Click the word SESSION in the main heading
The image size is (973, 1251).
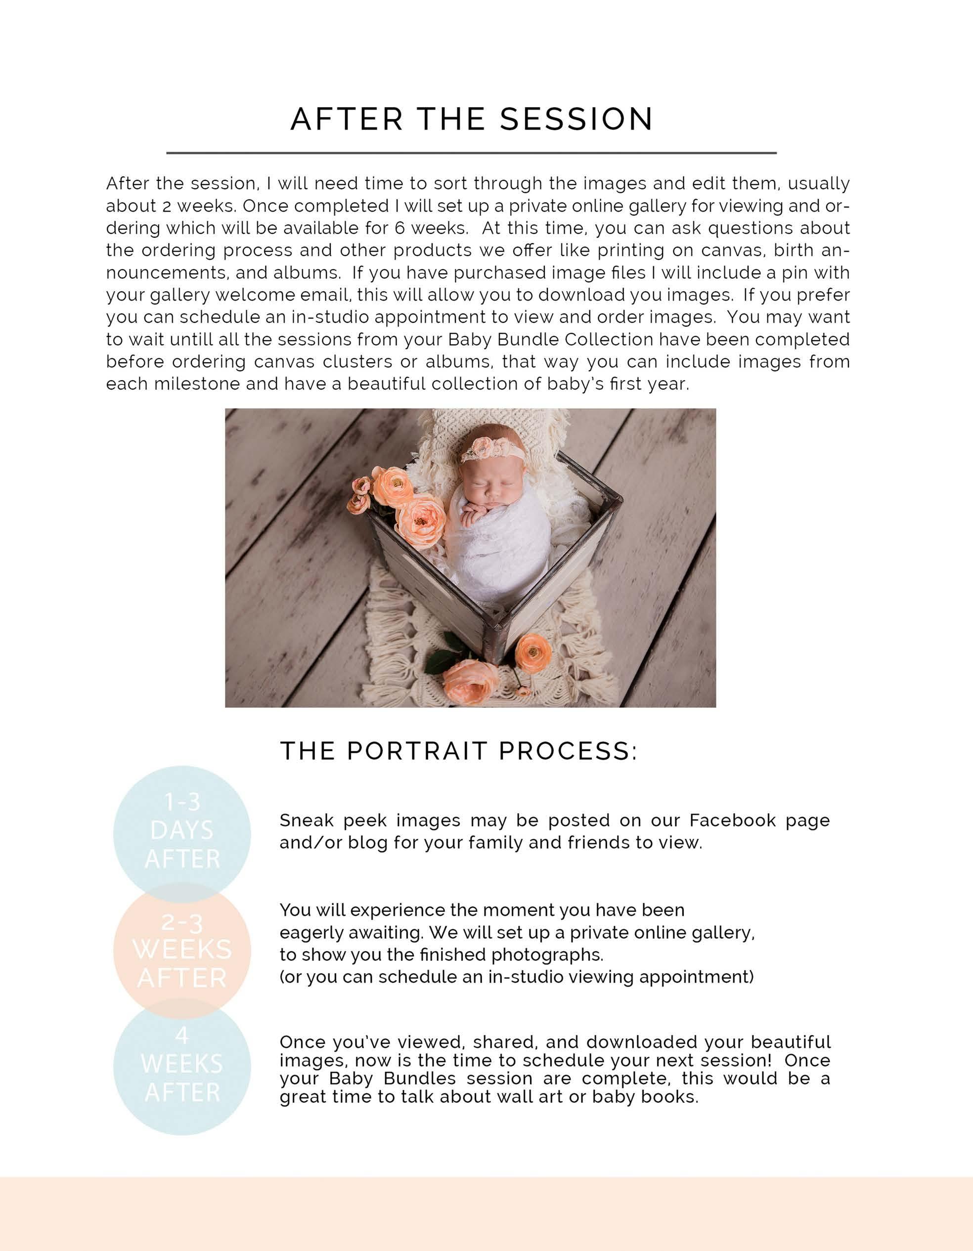(x=576, y=119)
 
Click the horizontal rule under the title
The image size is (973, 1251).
(x=471, y=153)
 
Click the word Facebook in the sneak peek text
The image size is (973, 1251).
(x=732, y=820)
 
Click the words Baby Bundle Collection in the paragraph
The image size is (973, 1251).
(x=550, y=340)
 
